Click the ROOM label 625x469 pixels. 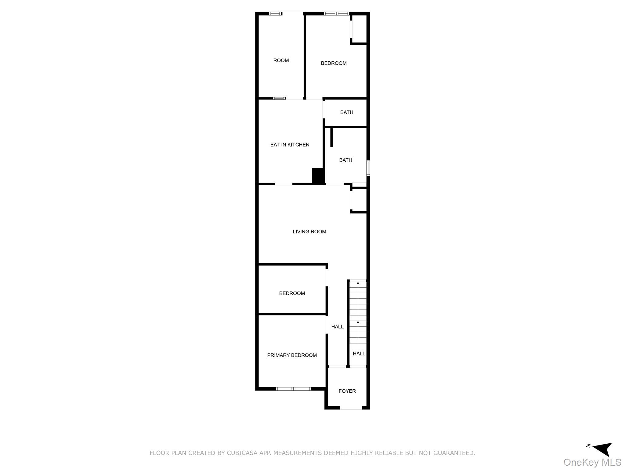(x=281, y=60)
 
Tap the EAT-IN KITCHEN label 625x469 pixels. (x=290, y=145)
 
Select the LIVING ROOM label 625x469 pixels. (x=309, y=232)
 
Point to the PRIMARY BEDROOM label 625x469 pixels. (x=292, y=355)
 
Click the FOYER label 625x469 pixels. (x=347, y=391)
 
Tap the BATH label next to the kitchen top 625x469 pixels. (x=347, y=112)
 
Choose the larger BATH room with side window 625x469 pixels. (x=345, y=160)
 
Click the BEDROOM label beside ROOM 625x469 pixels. (x=334, y=64)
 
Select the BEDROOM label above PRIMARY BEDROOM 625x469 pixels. (x=292, y=293)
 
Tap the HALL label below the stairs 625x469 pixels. (x=359, y=354)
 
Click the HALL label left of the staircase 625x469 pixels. (x=337, y=327)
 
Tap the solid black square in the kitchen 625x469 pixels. (x=318, y=176)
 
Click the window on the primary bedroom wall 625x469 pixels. (x=293, y=389)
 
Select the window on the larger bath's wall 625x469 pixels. (x=368, y=168)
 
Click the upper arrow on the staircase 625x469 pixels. (x=358, y=284)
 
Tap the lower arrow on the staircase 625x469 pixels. (x=358, y=323)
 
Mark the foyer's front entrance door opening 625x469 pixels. (x=351, y=408)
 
